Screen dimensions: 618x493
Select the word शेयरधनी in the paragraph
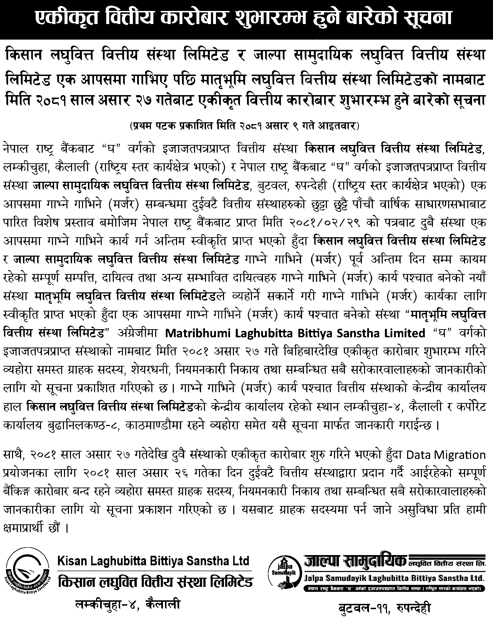click(155, 370)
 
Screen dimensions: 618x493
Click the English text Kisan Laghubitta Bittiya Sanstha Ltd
click(153, 561)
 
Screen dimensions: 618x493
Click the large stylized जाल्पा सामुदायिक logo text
click(355, 559)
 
